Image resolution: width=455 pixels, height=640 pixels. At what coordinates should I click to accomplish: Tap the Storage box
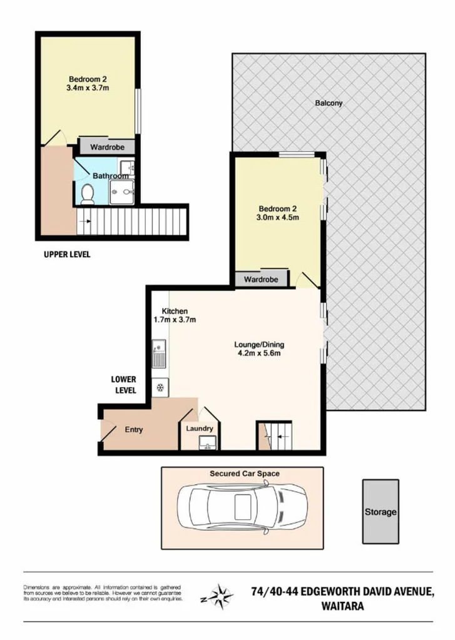381,512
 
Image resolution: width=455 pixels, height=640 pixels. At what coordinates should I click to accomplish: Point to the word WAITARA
344,605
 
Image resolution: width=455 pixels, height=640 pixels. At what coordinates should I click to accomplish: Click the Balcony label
329,103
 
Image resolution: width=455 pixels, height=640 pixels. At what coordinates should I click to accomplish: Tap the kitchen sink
158,353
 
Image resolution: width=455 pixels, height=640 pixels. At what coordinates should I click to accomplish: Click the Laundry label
200,429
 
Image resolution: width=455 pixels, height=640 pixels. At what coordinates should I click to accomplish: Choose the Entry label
134,430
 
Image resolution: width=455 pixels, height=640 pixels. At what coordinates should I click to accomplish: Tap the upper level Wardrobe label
107,147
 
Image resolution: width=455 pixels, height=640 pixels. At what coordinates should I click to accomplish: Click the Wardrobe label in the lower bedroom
261,279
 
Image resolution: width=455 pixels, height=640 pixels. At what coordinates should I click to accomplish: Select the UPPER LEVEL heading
67,255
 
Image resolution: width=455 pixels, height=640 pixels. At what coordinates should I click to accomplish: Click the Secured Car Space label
244,474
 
